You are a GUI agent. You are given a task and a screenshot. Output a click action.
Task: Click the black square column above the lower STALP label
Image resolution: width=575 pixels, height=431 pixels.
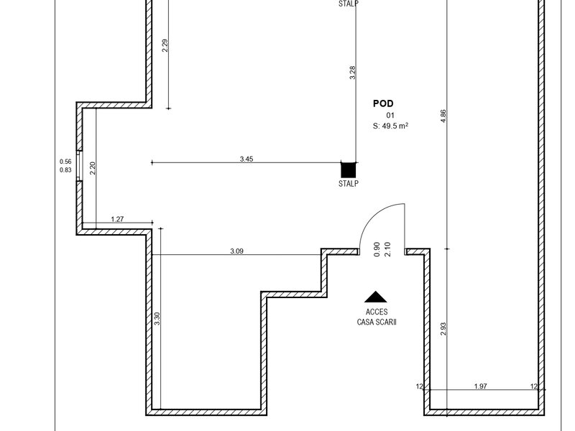tap(349, 170)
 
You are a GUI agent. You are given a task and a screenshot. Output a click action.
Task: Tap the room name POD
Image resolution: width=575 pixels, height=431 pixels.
tap(383, 103)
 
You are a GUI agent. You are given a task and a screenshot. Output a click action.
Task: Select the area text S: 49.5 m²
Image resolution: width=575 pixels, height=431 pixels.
tap(390, 126)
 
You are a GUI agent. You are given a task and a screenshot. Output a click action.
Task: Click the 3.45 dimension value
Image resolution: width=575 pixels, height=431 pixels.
tap(247, 159)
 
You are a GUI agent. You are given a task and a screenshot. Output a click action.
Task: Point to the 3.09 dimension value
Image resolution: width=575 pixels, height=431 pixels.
tap(236, 251)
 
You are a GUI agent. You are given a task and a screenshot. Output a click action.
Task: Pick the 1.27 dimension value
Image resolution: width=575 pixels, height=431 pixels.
tap(117, 219)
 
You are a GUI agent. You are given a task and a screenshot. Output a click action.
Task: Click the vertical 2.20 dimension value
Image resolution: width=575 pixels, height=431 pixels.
tap(93, 168)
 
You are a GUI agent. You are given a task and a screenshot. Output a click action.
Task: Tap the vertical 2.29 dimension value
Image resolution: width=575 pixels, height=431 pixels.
tap(165, 45)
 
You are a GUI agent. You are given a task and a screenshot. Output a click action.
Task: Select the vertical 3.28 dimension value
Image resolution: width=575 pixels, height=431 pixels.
tap(352, 73)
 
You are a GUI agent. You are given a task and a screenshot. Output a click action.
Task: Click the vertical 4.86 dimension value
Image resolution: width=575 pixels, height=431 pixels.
tap(443, 116)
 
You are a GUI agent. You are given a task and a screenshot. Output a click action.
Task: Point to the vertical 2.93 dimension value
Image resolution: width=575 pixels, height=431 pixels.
tap(443, 329)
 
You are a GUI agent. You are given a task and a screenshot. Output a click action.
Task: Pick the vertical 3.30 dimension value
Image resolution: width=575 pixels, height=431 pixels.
tap(157, 318)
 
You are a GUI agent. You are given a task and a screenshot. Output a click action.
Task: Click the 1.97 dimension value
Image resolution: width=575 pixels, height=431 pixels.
tap(480, 386)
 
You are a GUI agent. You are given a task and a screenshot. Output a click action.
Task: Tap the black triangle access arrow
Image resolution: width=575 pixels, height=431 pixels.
tap(376, 297)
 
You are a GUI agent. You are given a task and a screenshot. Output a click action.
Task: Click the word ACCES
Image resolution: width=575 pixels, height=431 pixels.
tap(377, 312)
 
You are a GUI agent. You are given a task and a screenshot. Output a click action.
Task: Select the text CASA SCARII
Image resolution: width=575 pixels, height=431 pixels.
tap(377, 322)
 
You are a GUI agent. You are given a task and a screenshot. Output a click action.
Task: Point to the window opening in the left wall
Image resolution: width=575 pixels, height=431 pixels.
tap(79, 166)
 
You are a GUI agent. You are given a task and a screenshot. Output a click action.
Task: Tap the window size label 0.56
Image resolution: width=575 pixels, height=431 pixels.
tap(65, 161)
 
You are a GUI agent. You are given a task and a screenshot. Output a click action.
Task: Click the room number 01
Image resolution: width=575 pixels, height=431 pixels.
tap(390, 116)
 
